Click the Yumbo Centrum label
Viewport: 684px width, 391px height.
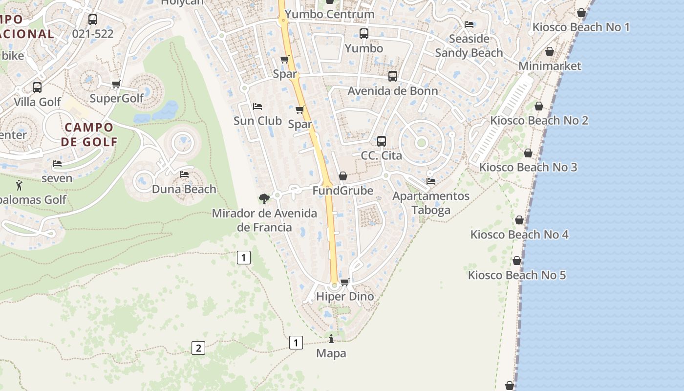(329, 14)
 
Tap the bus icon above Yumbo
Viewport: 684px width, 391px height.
(364, 34)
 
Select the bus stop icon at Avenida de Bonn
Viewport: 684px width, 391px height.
(393, 76)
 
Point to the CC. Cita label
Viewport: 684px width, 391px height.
(381, 155)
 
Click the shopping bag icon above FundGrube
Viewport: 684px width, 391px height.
(343, 176)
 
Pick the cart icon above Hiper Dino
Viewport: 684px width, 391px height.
(345, 282)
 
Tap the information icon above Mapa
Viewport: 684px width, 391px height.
(331, 339)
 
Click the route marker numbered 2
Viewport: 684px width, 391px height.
(198, 348)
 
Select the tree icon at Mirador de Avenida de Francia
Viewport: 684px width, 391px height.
(264, 198)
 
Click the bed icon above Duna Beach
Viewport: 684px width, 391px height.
(184, 174)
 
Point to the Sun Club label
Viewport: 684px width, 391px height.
(257, 121)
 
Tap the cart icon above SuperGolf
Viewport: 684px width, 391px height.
(116, 84)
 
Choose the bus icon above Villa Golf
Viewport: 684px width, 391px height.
(37, 87)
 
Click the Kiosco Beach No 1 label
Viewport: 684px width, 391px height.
(581, 27)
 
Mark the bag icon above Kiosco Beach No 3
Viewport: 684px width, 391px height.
(528, 153)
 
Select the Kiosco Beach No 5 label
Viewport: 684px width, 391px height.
(517, 275)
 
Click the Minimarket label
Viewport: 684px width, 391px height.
(550, 66)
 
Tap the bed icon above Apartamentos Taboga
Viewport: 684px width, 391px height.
(431, 181)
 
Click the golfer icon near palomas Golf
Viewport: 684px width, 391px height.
(19, 185)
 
